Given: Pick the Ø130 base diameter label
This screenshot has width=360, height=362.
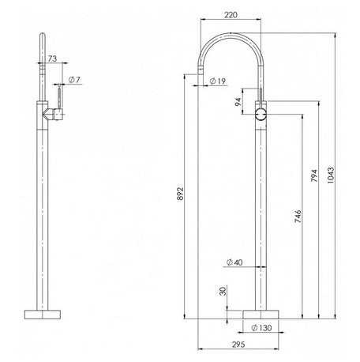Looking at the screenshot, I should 261,326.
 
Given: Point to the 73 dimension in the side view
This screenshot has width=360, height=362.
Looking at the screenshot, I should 52,59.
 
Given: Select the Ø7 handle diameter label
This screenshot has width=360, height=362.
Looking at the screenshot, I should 73,80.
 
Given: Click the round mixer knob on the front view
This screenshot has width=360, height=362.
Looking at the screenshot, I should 261,115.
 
